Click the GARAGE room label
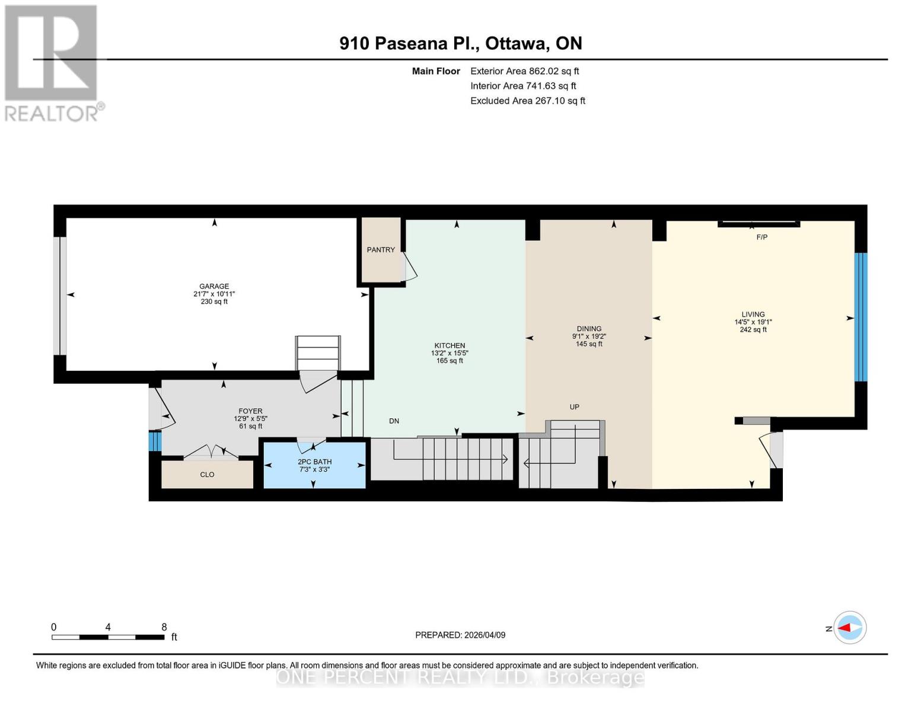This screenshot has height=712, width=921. tap(214, 286)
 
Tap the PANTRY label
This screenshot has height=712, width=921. tap(381, 250)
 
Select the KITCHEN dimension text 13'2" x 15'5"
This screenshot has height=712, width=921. tap(450, 353)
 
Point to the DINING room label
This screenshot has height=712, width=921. tap(589, 329)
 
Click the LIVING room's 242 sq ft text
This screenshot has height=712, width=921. tap(753, 330)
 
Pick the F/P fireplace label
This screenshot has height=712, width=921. tap(762, 237)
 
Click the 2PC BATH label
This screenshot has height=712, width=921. tap(314, 462)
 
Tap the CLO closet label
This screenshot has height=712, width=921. tap(207, 475)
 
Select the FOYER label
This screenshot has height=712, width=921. tap(250, 411)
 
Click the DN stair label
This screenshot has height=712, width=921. tap(394, 421)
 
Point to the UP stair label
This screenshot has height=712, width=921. tap(574, 407)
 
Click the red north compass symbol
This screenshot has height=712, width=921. tap(850, 628)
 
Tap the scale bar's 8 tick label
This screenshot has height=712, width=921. tap(164, 627)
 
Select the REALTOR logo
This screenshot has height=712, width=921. tap(52, 62)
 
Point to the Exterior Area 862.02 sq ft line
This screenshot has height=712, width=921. tap(524, 71)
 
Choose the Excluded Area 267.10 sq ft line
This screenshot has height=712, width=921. tap(528, 101)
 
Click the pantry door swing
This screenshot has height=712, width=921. tap(410, 268)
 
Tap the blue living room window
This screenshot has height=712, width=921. tap(861, 317)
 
